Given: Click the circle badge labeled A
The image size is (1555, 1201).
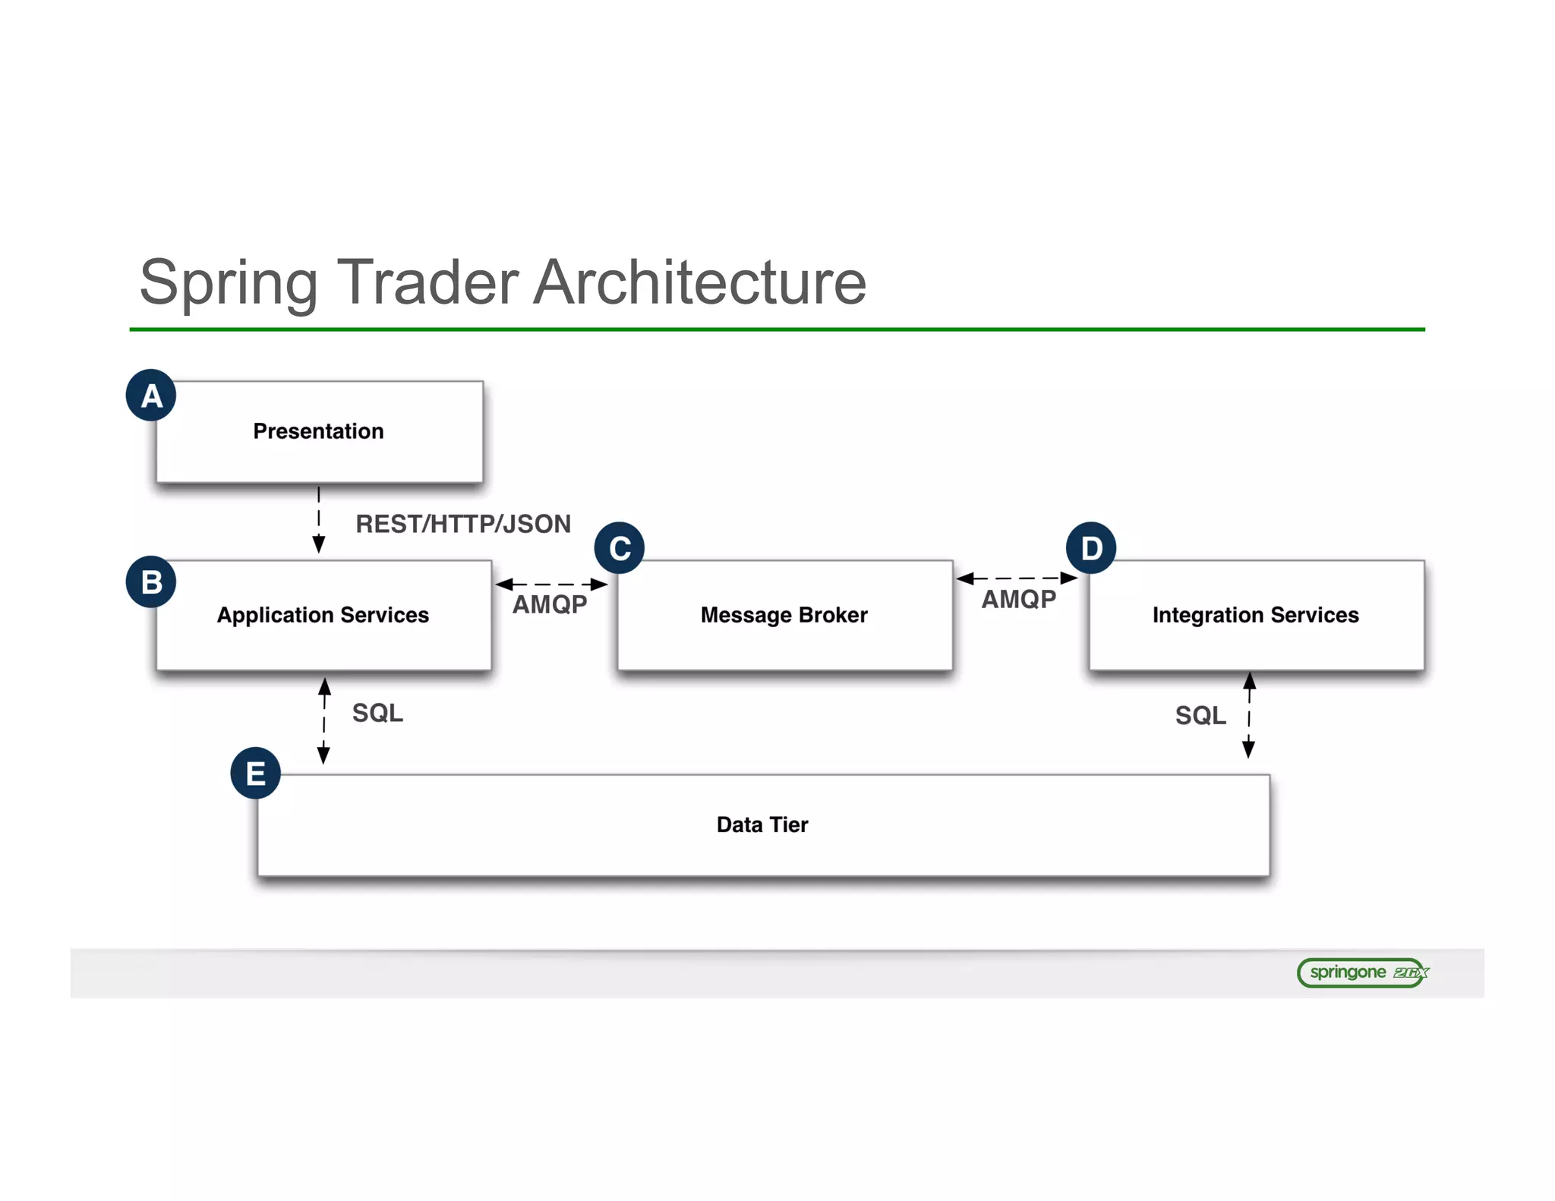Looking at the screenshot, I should coord(151,396).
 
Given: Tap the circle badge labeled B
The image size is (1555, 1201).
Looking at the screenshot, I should coord(151,582).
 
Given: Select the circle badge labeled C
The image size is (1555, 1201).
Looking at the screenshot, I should coord(620,547).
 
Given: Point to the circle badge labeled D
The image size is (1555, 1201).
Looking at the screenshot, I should coord(1091,547).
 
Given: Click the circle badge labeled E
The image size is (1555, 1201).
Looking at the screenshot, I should coord(256,774).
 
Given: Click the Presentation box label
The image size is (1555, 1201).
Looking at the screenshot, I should coord(318,431).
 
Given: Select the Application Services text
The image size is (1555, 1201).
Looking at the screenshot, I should coord(323,615).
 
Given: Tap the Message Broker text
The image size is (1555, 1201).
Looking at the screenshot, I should coord(784,615).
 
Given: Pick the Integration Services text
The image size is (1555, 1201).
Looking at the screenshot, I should coord(1255,615).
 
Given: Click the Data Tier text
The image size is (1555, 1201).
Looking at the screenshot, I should coord(762,824).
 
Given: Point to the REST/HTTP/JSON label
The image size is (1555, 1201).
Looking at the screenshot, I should coord(463,524).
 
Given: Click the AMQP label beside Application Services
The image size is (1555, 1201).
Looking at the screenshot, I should coord(550,604).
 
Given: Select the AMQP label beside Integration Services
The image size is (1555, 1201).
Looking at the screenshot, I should coord(1019,599).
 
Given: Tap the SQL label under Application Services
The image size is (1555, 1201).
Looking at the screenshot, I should coord(377,713).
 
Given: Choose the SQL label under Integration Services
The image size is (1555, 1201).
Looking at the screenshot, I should coord(1200,715).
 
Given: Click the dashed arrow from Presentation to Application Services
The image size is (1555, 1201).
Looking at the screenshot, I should coord(319,520).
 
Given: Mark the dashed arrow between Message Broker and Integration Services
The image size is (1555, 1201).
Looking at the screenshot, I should coord(1017,578).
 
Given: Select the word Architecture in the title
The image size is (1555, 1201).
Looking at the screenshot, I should coord(699,282).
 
